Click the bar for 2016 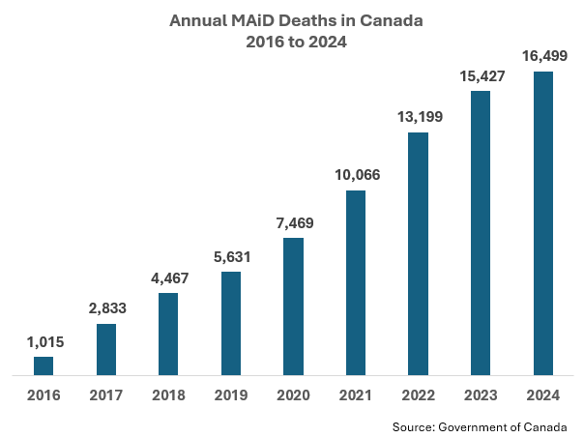pyautogui.click(x=44, y=365)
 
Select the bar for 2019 pyautogui.click(x=231, y=323)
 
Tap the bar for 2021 pyautogui.click(x=356, y=282)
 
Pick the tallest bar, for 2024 pyautogui.click(x=543, y=223)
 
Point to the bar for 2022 pyautogui.click(x=418, y=253)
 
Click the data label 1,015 pyautogui.click(x=45, y=342)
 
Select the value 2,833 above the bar pyautogui.click(x=107, y=308)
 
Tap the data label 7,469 pyautogui.click(x=295, y=223)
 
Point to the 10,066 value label pyautogui.click(x=358, y=175)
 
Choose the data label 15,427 pyautogui.click(x=482, y=76)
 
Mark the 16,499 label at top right pyautogui.click(x=545, y=56)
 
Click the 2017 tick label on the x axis pyautogui.click(x=106, y=395)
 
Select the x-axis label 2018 pyautogui.click(x=168, y=395)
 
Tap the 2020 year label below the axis pyautogui.click(x=294, y=395)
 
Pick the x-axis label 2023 pyautogui.click(x=481, y=395)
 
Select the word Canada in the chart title pyautogui.click(x=391, y=20)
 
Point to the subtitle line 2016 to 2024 pyautogui.click(x=296, y=42)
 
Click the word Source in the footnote pyautogui.click(x=414, y=426)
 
